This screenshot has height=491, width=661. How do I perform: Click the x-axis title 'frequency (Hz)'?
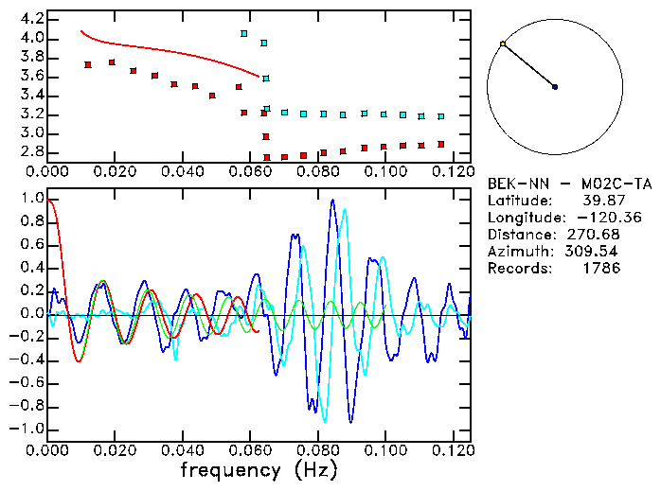click(259, 470)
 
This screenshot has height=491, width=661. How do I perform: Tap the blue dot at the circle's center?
click(555, 87)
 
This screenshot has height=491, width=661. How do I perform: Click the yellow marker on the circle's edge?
click(503, 44)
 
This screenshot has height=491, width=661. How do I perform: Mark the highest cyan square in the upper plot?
click(244, 33)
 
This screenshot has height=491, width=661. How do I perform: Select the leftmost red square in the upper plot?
click(88, 64)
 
